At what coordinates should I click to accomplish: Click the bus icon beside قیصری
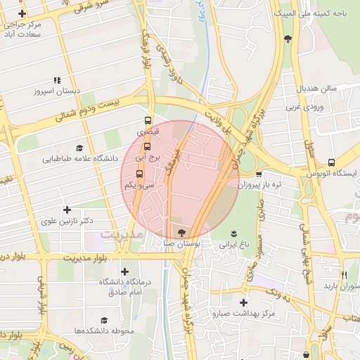pos(148,120)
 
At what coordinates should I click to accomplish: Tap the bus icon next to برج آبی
pos(147,147)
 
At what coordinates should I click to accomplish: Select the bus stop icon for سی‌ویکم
pos(139,174)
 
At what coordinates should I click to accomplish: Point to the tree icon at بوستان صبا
pos(181,233)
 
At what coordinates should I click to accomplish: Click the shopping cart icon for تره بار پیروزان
pos(259,174)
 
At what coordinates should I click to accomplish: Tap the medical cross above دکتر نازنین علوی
pos(67,210)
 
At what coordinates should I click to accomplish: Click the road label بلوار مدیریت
pos(84,256)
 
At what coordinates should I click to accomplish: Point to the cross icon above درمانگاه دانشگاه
pos(125,271)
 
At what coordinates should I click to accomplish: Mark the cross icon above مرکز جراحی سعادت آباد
pos(22,14)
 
